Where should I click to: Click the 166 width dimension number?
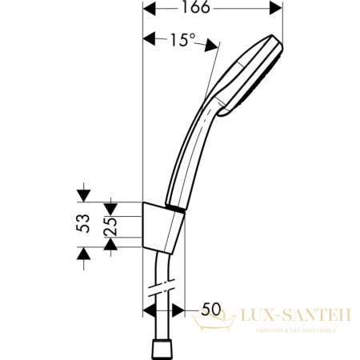click(x=212, y=10)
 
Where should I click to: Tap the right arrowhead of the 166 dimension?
click(x=278, y=10)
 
